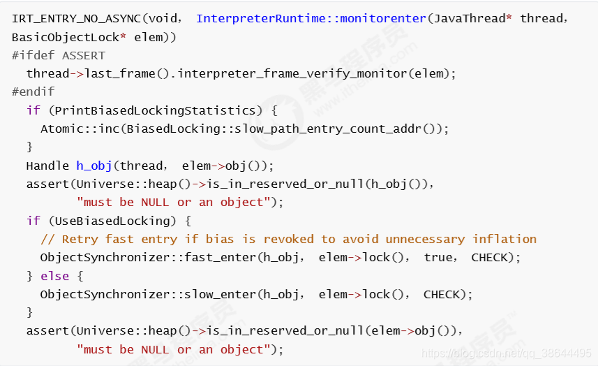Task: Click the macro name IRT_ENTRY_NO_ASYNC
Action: (76, 19)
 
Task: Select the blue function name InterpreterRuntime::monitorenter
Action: (311, 18)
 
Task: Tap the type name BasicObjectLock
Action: (66, 38)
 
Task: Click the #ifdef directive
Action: (33, 55)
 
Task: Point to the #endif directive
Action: (33, 91)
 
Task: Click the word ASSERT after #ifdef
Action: (84, 56)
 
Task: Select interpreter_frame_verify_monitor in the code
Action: (292, 73)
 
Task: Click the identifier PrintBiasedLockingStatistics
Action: (155, 110)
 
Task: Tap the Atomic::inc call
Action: (80, 129)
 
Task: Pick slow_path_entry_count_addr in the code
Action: (327, 129)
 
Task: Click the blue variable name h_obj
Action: (94, 166)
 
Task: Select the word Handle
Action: (47, 166)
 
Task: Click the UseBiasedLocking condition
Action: (112, 221)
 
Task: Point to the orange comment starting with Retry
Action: (288, 240)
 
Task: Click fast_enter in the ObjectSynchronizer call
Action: (220, 258)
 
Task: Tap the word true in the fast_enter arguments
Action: (438, 258)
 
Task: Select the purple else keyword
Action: (54, 276)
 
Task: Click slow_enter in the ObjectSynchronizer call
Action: (220, 295)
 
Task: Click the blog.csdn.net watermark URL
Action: (507, 353)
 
